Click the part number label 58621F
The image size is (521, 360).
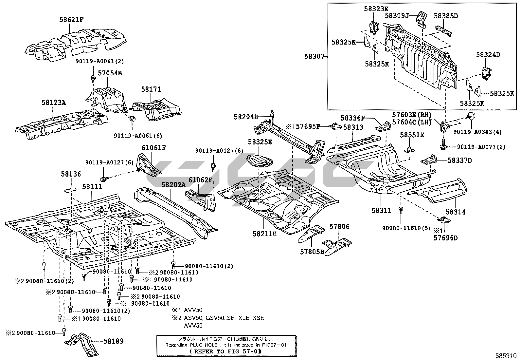click(x=71, y=20)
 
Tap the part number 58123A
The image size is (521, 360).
click(x=54, y=103)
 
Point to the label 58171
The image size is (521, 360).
click(x=151, y=89)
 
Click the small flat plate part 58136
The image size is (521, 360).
click(x=70, y=189)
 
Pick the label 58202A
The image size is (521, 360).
click(x=173, y=185)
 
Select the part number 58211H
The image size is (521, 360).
click(x=265, y=234)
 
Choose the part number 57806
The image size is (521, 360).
click(x=339, y=226)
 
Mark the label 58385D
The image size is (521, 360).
click(x=446, y=15)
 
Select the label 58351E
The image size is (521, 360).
click(x=412, y=135)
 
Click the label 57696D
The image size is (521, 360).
click(x=446, y=238)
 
